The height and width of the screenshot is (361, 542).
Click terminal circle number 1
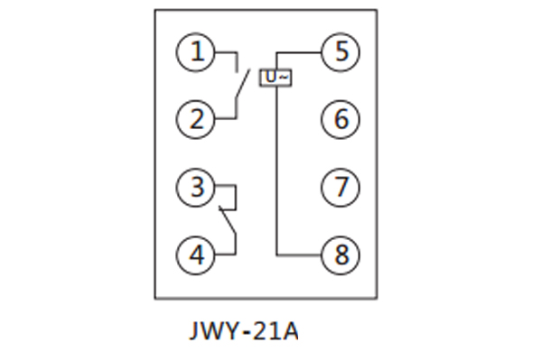point(196,51)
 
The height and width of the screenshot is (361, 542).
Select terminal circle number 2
point(196,118)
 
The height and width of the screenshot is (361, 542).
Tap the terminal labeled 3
point(196,188)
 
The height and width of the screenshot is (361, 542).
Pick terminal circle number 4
point(196,255)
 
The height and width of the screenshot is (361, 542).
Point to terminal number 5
point(341,51)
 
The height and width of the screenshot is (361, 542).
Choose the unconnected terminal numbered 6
point(341,118)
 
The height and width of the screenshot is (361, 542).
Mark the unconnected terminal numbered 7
point(341,188)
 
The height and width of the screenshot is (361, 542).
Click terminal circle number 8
point(341,255)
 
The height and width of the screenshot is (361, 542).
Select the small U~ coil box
point(276,78)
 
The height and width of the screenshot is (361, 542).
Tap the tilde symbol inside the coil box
point(283,78)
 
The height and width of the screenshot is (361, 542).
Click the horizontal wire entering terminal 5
point(298,52)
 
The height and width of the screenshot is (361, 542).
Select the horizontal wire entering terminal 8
point(298,255)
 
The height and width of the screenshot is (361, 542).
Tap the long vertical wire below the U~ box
point(275,171)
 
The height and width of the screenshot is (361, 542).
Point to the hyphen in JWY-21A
point(243,333)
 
